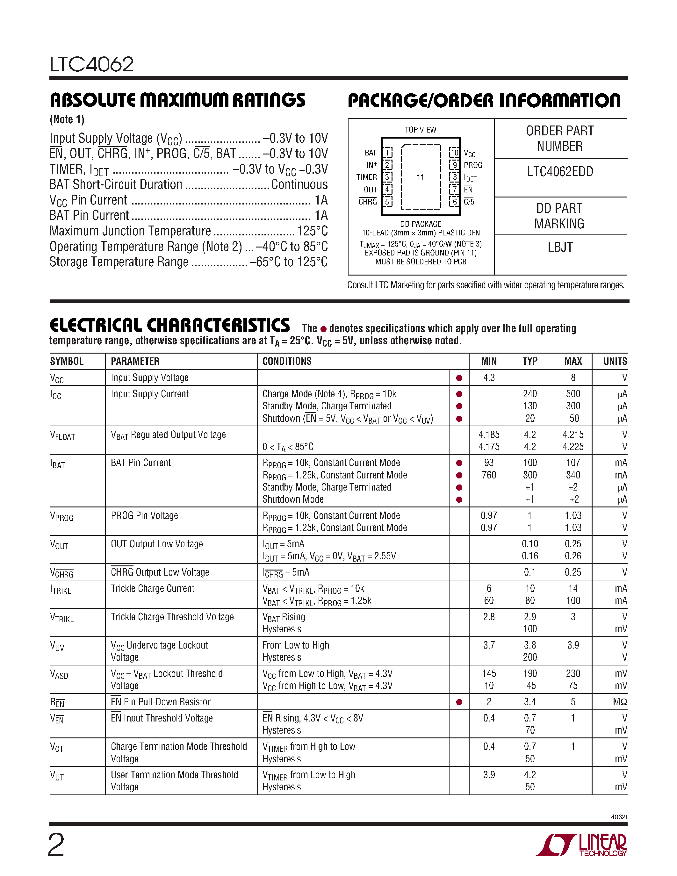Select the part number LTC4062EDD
click(560, 172)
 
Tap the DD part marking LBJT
click(560, 247)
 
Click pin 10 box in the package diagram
click(454, 153)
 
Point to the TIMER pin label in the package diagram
click(367, 177)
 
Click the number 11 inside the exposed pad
click(420, 177)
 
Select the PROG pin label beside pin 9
click(473, 165)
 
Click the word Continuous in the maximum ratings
click(299, 184)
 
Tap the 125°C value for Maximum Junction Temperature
click(312, 231)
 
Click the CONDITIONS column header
click(287, 362)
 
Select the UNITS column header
click(615, 362)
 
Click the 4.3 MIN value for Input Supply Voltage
click(489, 378)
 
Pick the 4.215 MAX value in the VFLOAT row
click(573, 435)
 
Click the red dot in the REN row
click(459, 702)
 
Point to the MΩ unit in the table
click(620, 702)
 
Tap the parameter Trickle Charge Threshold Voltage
click(172, 617)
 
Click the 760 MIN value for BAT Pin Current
click(489, 475)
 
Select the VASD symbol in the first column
click(59, 674)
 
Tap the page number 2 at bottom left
click(56, 845)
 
